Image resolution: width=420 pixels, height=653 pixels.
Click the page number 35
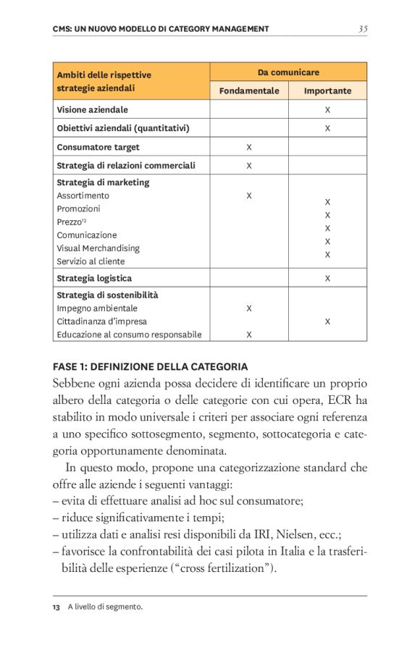[x=363, y=29]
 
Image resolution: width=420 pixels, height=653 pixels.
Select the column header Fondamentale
[x=249, y=91]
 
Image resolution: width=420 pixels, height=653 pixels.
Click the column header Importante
[x=327, y=91]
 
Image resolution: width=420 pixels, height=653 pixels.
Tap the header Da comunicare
[x=288, y=72]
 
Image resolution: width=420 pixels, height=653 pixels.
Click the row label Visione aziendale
[x=93, y=110]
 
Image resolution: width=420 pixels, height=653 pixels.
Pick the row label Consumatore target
[x=98, y=147]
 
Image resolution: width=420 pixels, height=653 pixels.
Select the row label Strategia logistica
[x=94, y=278]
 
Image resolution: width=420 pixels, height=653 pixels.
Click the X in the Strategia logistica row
[x=327, y=278]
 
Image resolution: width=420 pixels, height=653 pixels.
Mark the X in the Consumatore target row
[x=249, y=147]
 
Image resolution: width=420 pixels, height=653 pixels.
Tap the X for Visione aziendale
[x=327, y=110]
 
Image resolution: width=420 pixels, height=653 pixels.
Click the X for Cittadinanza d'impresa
[x=327, y=321]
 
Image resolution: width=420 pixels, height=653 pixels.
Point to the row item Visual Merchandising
[x=98, y=248]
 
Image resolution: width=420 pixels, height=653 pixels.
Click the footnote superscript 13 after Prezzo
[x=84, y=220]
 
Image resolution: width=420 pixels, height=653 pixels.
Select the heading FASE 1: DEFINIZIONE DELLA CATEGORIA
[x=151, y=366]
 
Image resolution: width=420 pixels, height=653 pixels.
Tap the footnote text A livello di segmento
[x=105, y=607]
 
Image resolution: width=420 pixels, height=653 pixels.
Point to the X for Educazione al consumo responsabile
[x=249, y=334]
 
